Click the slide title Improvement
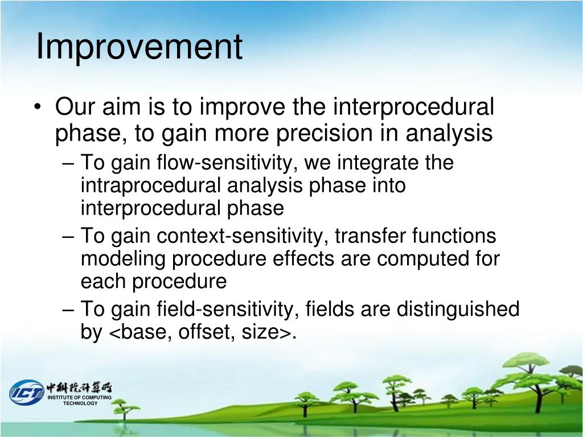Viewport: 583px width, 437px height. click(139, 47)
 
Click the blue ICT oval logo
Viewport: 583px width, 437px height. click(26, 393)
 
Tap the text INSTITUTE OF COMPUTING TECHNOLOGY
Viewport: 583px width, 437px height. click(80, 400)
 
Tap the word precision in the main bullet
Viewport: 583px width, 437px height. click(324, 133)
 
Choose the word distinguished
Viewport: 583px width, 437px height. click(458, 309)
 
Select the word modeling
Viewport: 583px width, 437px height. click(123, 259)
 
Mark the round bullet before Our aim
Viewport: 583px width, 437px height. click(37, 108)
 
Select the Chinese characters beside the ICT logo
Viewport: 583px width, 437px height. click(79, 387)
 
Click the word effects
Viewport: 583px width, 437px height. click(303, 259)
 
